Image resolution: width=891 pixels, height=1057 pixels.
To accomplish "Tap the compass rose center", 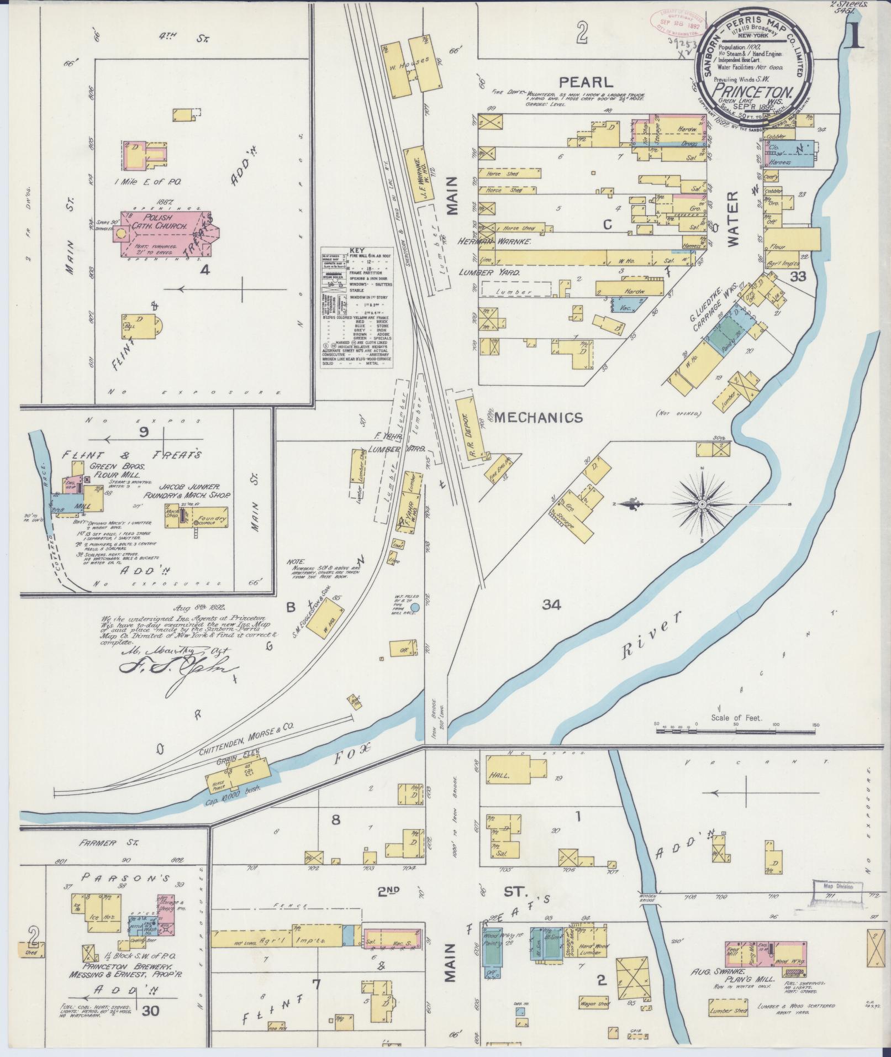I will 702,504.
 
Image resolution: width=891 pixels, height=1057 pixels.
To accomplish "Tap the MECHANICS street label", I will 539,418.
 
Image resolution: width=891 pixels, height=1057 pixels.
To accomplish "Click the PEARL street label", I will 586,82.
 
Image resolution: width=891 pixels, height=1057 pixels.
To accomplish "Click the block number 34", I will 551,605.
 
